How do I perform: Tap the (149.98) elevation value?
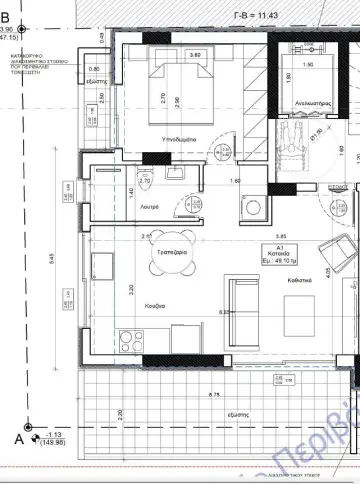point(49,473)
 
